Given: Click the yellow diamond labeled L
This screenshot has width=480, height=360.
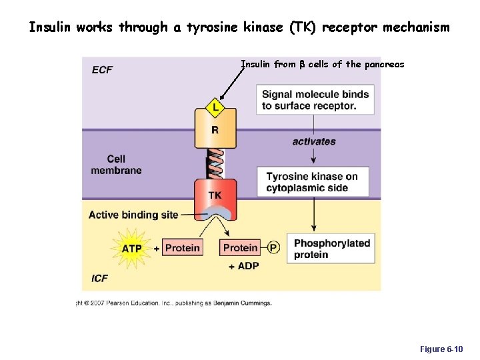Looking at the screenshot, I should tap(215, 106).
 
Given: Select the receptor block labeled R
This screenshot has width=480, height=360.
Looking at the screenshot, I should tap(215, 130).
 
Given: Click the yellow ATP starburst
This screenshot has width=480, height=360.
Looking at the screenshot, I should tap(131, 248).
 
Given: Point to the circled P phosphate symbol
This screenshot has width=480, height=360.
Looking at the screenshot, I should tap(273, 248).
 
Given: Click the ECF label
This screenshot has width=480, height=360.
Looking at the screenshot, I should tap(102, 69).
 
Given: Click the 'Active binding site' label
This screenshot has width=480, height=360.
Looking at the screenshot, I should tap(133, 215).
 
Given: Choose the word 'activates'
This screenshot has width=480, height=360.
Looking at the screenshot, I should tap(314, 141).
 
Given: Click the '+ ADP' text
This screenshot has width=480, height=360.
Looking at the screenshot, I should tap(243, 266).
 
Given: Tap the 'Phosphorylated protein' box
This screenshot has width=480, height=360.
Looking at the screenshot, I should tap(331, 249).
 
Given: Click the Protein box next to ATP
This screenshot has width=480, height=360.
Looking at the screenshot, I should tap(182, 248).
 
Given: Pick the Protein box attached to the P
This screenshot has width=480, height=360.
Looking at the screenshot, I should tap(240, 248).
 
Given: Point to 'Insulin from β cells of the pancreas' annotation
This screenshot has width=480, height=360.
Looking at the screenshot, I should tap(322, 65).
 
